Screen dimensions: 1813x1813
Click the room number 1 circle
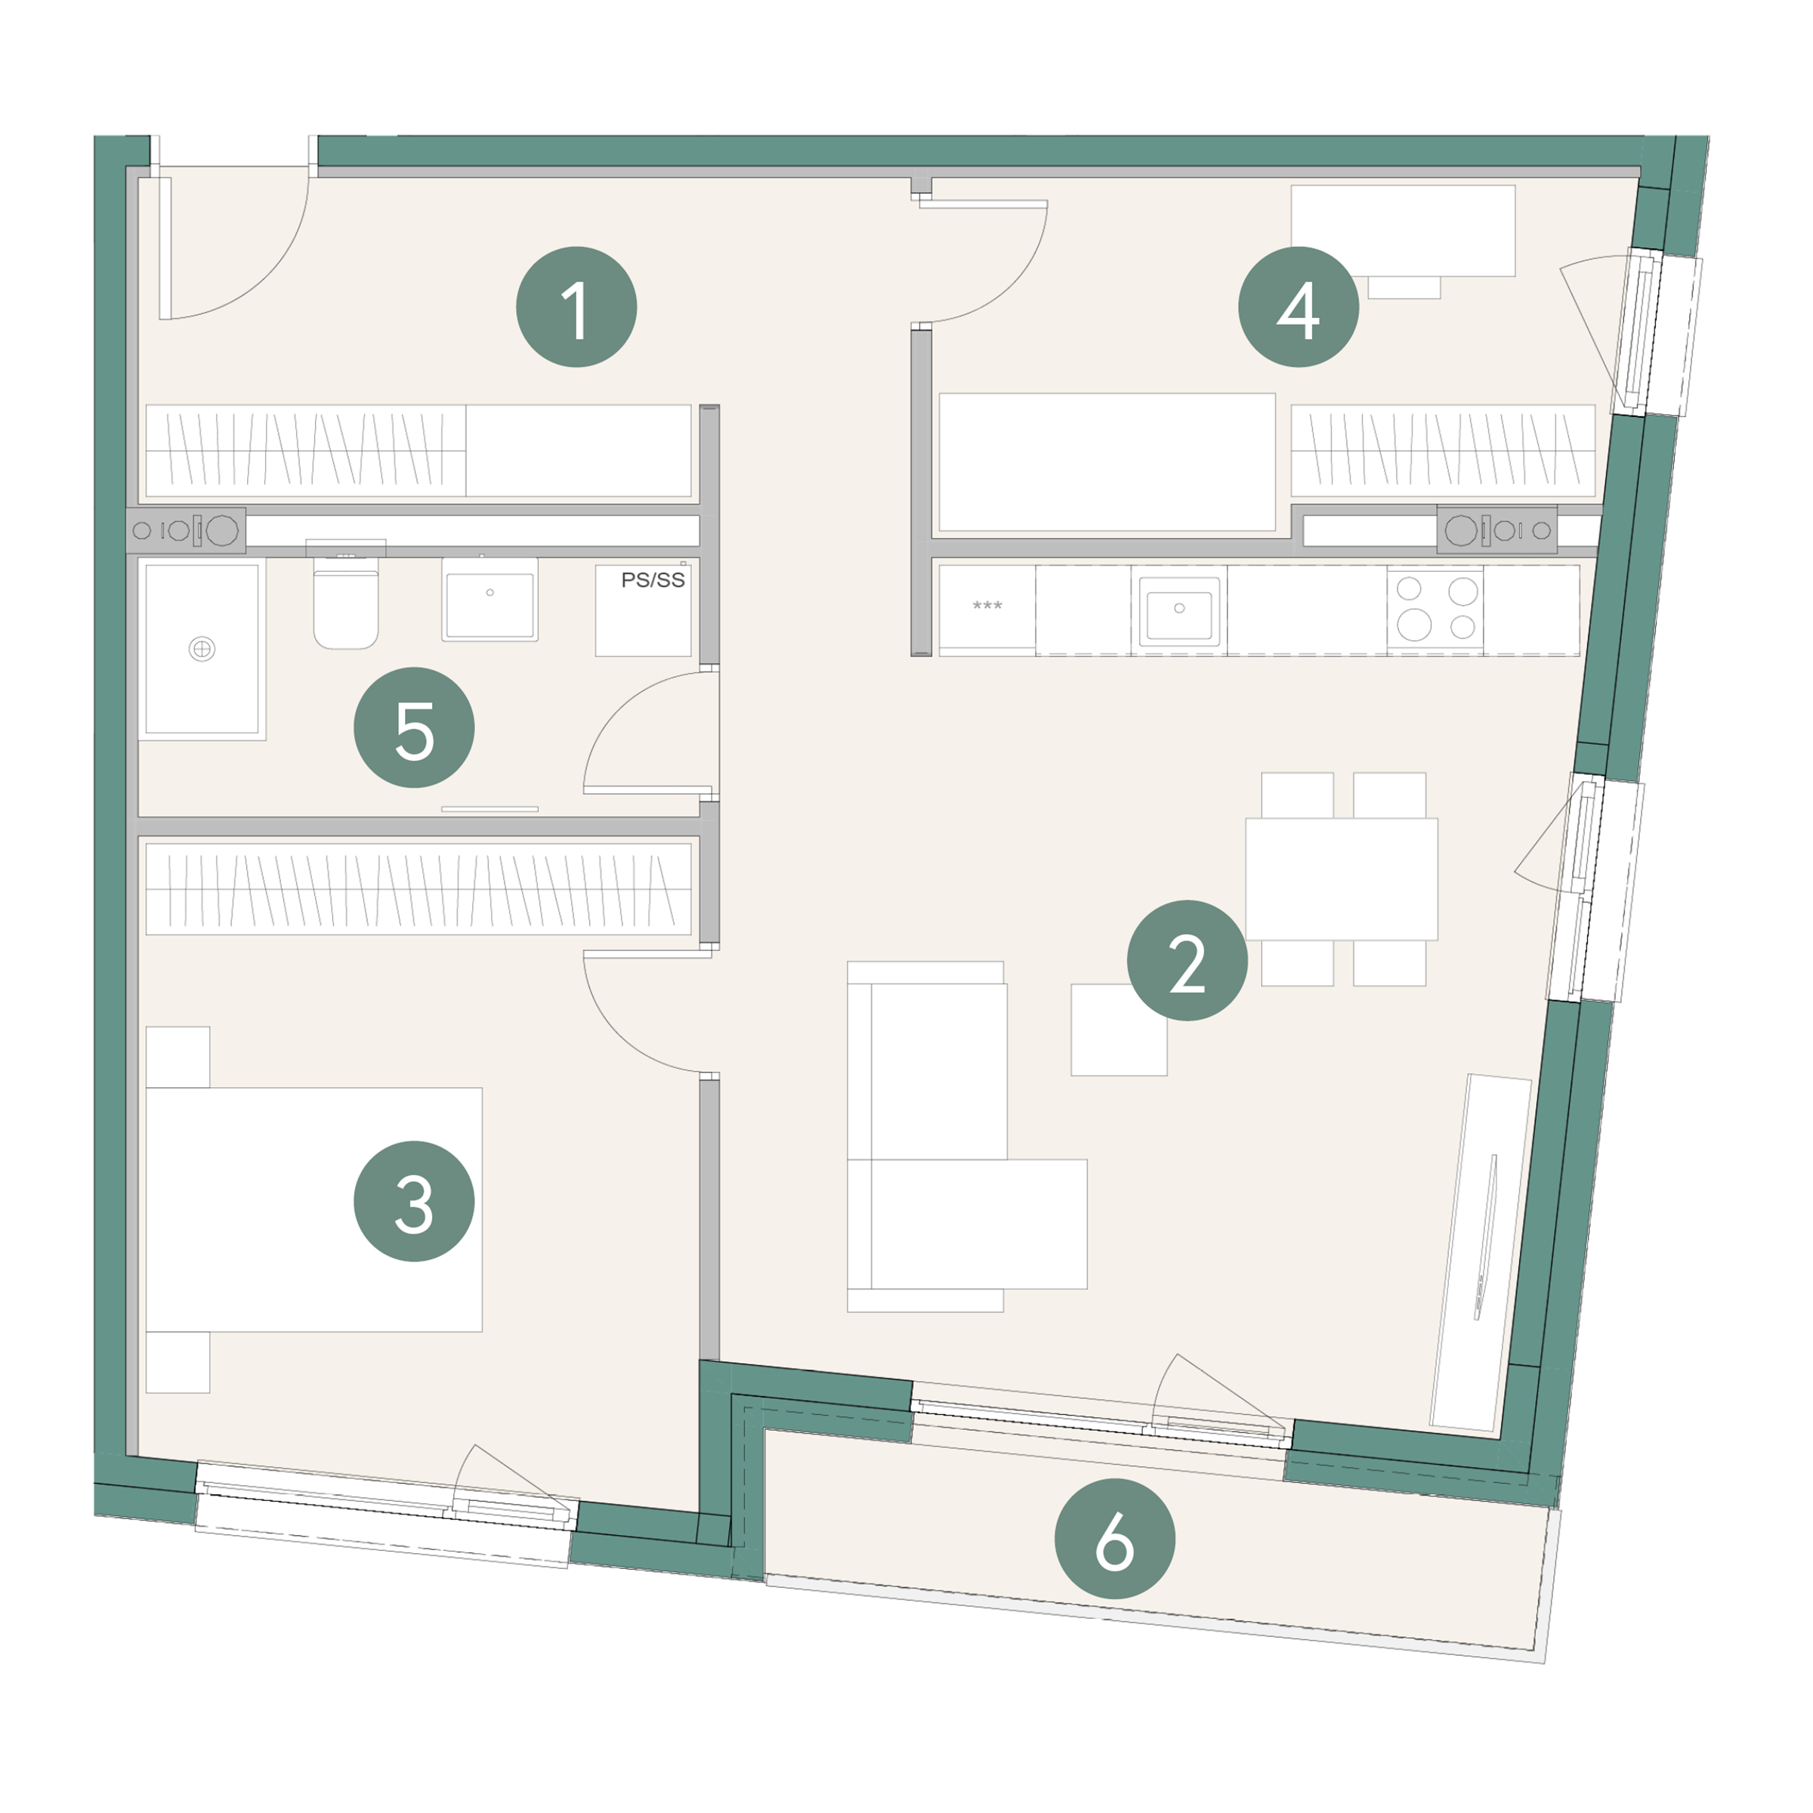[x=576, y=307]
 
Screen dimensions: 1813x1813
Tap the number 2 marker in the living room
[x=1187, y=960]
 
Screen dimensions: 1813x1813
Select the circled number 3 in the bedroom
[x=414, y=1201]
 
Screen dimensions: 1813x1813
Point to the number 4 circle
[x=1299, y=307]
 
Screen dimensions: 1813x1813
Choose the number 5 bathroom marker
[x=414, y=727]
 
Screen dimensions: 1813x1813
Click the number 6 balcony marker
[x=1115, y=1539]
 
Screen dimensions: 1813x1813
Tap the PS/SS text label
[x=653, y=580]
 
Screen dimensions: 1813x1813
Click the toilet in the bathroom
[x=345, y=601]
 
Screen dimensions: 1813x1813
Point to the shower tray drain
[x=202, y=648]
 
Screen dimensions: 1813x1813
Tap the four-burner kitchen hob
[x=1436, y=608]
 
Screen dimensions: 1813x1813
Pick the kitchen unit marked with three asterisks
[x=987, y=609]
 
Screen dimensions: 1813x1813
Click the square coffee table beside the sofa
[x=1119, y=1030]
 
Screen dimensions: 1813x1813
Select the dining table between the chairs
[x=1341, y=879]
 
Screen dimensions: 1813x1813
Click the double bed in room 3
[x=313, y=1209]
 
